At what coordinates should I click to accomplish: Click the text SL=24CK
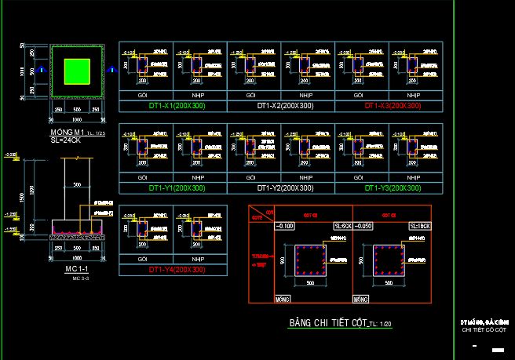pyautogui.click(x=66, y=141)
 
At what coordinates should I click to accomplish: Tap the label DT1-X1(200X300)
pyautogui.click(x=172, y=105)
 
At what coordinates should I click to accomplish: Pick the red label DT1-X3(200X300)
pyautogui.click(x=393, y=105)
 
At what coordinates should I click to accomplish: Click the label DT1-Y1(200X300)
pyautogui.click(x=172, y=188)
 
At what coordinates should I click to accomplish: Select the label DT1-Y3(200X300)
pyautogui.click(x=393, y=188)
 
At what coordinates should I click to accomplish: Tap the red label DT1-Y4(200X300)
pyautogui.click(x=172, y=269)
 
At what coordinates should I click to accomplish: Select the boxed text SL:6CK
pyautogui.click(x=342, y=226)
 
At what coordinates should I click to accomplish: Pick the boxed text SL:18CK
pyautogui.click(x=418, y=226)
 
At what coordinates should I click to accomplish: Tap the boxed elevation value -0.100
pyautogui.click(x=284, y=226)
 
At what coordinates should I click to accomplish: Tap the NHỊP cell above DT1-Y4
pyautogui.click(x=199, y=258)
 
